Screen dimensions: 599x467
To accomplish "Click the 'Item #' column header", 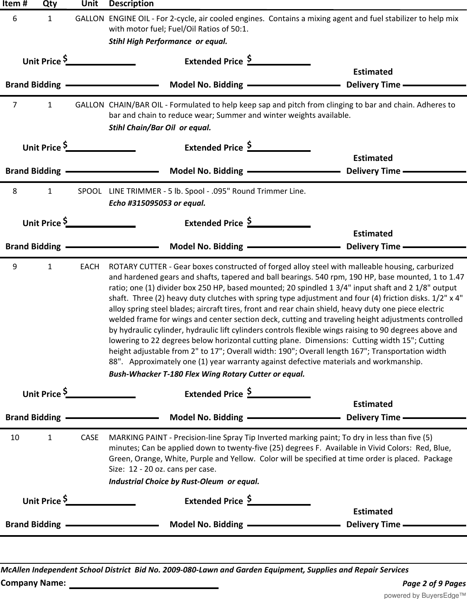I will [15, 4].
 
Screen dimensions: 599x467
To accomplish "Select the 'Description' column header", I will [131, 4].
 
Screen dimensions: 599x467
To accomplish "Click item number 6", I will [15, 19].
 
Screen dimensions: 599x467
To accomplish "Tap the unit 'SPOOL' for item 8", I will [90, 191].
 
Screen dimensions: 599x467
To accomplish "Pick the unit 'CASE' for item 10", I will [90, 438].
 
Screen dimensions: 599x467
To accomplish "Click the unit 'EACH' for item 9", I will [90, 267].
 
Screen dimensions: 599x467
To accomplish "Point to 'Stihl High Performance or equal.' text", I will [168, 41].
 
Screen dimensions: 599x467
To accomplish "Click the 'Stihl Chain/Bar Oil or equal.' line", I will [160, 128].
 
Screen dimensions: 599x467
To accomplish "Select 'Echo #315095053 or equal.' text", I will [157, 203].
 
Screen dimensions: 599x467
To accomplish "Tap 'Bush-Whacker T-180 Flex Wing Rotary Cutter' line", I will [207, 374].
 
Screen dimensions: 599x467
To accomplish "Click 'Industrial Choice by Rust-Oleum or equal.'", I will [184, 482].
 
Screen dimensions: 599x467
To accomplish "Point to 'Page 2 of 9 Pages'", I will [434, 584].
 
